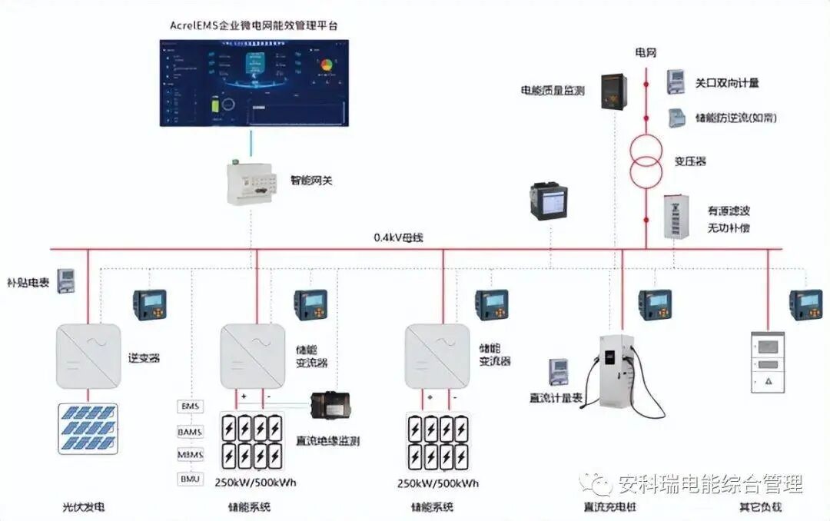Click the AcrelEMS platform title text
[254, 25]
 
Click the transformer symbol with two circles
[646, 158]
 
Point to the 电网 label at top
[646, 53]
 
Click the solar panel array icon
[88, 429]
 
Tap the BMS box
[190, 406]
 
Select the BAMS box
[190, 431]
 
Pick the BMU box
[190, 479]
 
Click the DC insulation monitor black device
[336, 407]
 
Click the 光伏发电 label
[83, 507]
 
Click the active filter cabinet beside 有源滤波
[676, 216]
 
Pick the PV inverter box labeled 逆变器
[88, 356]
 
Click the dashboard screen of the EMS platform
[253, 82]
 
